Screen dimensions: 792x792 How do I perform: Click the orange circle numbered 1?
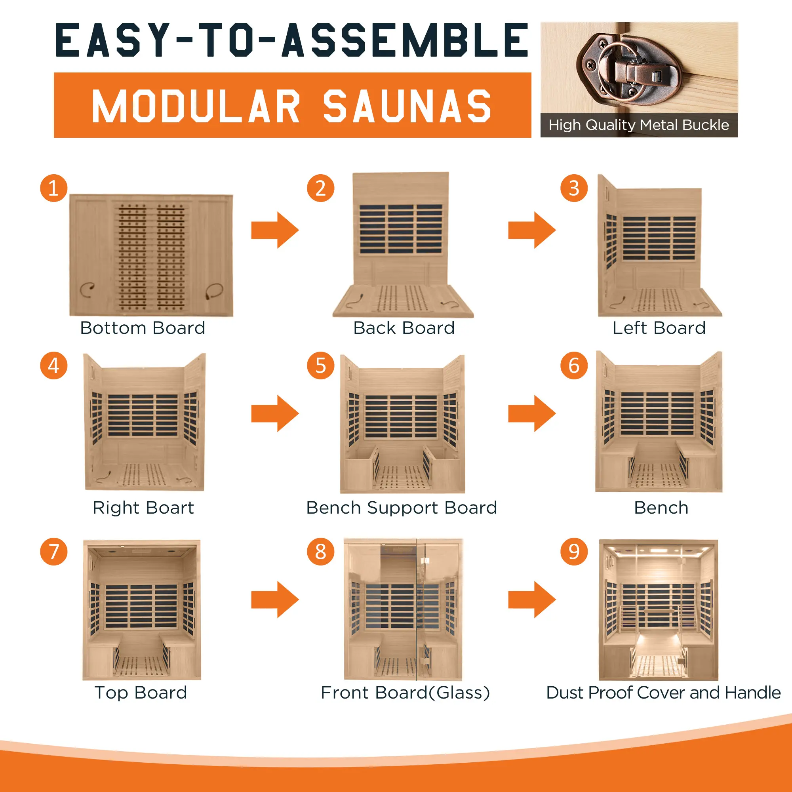[x=54, y=188]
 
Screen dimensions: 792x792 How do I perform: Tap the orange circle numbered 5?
[x=321, y=365]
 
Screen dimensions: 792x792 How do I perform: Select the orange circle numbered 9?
[x=574, y=551]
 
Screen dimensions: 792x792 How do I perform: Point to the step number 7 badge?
[x=54, y=551]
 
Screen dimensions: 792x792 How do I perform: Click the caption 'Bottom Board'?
[x=143, y=328]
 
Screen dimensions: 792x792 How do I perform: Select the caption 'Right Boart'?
[x=143, y=508]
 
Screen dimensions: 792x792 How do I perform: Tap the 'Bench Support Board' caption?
[x=402, y=508]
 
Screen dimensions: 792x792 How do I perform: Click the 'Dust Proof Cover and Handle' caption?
[x=663, y=693]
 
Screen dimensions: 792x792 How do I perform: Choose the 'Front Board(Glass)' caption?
[x=405, y=693]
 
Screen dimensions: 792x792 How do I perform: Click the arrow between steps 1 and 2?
[x=275, y=230]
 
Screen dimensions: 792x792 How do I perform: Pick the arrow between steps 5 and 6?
[x=532, y=413]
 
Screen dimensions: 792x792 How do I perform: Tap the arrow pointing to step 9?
[x=532, y=599]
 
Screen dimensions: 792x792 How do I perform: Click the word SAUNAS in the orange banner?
[x=407, y=107]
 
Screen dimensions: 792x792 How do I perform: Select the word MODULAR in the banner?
[x=196, y=107]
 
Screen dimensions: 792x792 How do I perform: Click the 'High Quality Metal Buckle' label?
[x=639, y=125]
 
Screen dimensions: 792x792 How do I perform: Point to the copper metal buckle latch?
[x=629, y=68]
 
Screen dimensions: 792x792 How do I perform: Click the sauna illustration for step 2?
[x=403, y=245]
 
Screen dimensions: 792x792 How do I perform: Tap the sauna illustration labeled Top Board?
[x=142, y=609]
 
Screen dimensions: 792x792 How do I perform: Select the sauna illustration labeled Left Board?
[x=660, y=245]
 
